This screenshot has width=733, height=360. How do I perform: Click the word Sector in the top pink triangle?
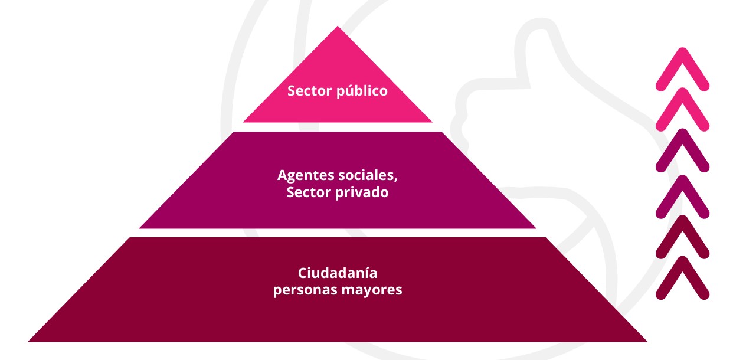point(310,91)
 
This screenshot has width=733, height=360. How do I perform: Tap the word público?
point(362,91)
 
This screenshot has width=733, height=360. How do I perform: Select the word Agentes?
point(306,176)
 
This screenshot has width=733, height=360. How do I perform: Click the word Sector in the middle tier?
point(309,192)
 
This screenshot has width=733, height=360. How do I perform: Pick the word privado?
point(362,192)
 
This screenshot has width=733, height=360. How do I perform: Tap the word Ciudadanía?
point(338,273)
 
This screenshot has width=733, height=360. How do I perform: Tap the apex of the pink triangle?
point(338,27)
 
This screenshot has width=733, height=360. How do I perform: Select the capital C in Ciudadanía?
point(302,273)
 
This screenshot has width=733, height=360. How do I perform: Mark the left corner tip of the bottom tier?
point(28,341)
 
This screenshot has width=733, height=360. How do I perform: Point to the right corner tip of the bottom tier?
point(647,341)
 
